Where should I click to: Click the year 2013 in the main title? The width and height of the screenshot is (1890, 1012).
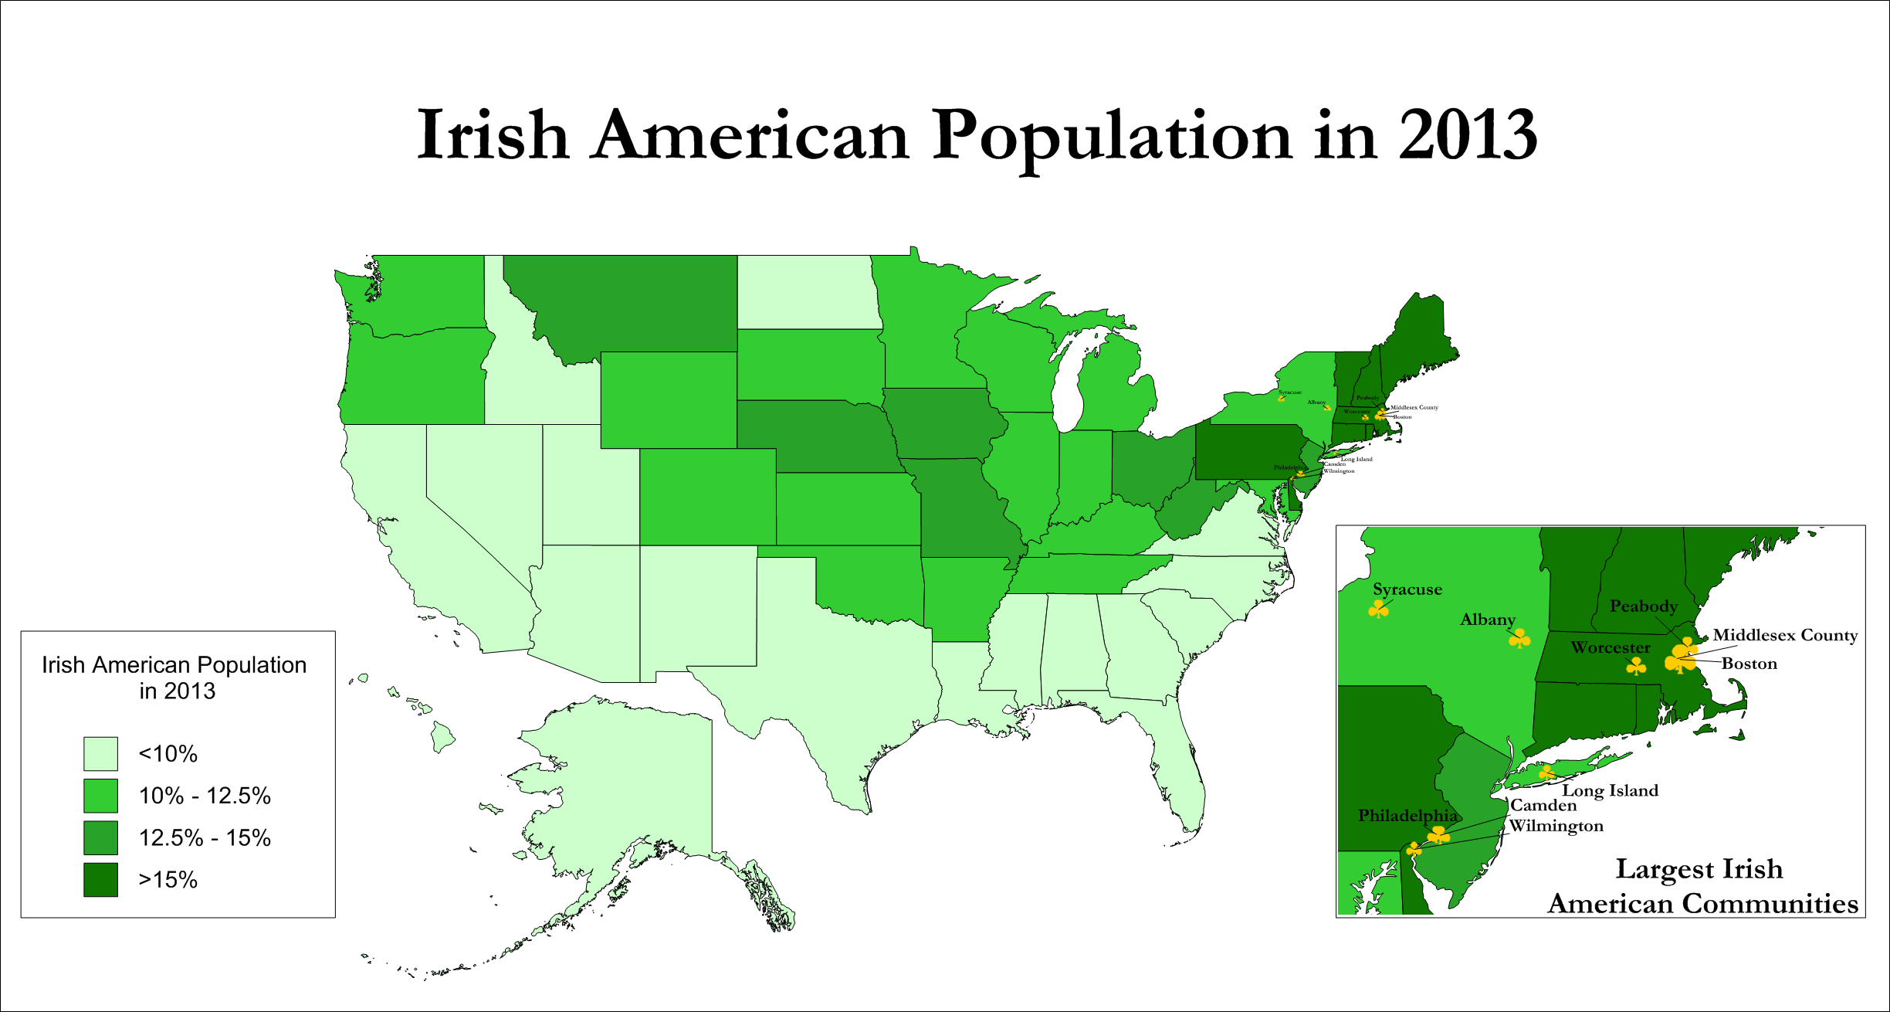point(1467,135)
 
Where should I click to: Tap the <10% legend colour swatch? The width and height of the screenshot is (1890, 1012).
point(100,753)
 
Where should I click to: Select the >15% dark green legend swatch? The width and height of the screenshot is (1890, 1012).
point(100,879)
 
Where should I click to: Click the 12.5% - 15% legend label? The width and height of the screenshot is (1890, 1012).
point(205,837)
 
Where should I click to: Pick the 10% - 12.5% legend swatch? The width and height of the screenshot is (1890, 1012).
point(100,796)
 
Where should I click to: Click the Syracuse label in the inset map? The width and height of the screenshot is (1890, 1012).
point(1407,589)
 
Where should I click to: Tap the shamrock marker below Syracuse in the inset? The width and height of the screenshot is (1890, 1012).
point(1378,610)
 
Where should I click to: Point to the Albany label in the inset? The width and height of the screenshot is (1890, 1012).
point(1487,620)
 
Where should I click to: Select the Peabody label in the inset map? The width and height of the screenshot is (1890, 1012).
point(1643,606)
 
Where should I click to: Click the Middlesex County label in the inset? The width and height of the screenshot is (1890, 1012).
point(1785,635)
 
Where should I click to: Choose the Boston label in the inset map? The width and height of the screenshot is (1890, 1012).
point(1749,664)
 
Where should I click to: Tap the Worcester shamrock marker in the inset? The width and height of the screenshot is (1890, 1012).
point(1636,666)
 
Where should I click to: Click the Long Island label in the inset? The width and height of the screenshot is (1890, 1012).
point(1610,790)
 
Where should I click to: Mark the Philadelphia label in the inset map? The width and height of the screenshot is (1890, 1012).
point(1407,816)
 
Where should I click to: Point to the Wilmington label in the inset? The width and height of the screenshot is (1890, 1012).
point(1556,826)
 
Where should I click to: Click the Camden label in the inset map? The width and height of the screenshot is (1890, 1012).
point(1543,806)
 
